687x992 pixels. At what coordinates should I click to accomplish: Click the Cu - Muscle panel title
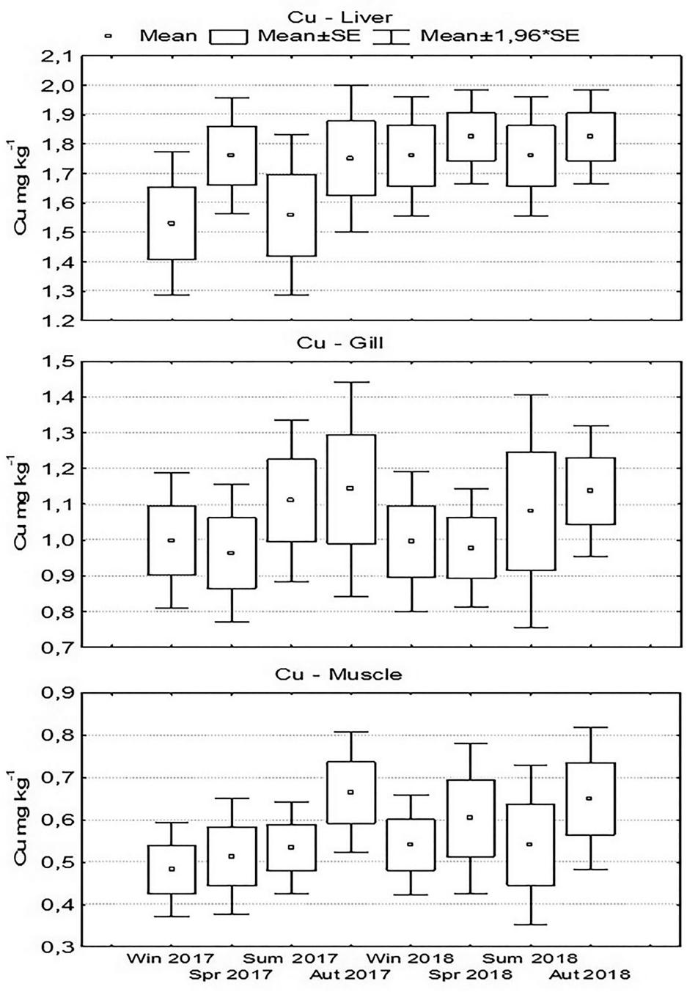[339, 674]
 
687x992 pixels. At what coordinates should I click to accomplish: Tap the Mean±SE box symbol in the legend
[229, 36]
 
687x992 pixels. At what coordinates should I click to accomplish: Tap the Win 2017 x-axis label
[170, 958]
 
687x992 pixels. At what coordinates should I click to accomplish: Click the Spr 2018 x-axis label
[470, 975]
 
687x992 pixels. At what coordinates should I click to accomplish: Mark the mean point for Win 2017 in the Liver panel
[172, 224]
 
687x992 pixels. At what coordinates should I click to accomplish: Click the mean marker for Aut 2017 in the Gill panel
[350, 488]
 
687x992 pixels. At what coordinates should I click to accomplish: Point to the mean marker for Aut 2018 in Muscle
[589, 798]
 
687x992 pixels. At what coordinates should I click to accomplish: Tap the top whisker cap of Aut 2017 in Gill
[350, 382]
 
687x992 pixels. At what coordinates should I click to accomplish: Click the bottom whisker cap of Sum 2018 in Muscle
[529, 925]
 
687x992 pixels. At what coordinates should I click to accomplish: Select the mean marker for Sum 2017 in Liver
[290, 215]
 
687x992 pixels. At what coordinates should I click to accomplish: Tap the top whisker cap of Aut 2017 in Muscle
[350, 732]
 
